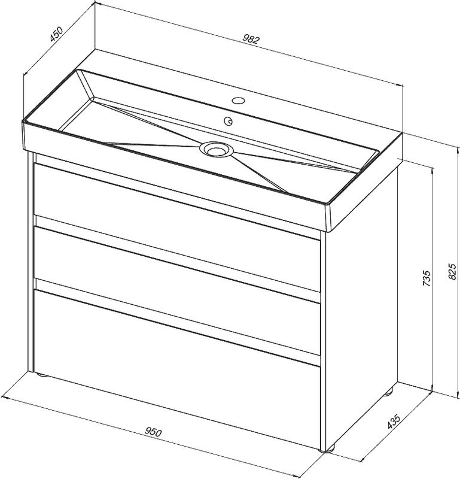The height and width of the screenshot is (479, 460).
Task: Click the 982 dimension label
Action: click(x=251, y=40)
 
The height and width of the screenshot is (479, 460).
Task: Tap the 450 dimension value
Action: click(x=56, y=34)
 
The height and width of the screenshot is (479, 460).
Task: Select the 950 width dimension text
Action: click(x=153, y=432)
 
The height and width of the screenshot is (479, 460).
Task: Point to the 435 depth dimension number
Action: click(x=393, y=422)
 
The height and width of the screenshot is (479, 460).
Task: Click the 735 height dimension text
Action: click(x=427, y=278)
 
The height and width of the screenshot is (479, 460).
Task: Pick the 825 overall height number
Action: click(x=453, y=271)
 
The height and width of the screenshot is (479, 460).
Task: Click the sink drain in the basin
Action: click(x=217, y=149)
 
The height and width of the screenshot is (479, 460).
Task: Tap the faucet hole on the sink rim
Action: click(x=238, y=100)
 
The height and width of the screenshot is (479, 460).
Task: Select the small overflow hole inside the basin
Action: click(x=228, y=122)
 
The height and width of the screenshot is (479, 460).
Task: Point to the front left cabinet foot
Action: click(x=41, y=375)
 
